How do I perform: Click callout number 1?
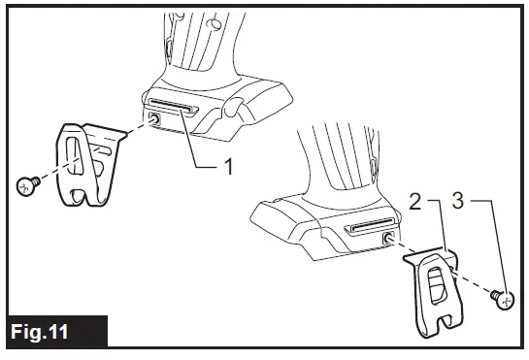coord(229,167)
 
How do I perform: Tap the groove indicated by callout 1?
coord(172,105)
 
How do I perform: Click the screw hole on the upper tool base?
coord(154,119)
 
